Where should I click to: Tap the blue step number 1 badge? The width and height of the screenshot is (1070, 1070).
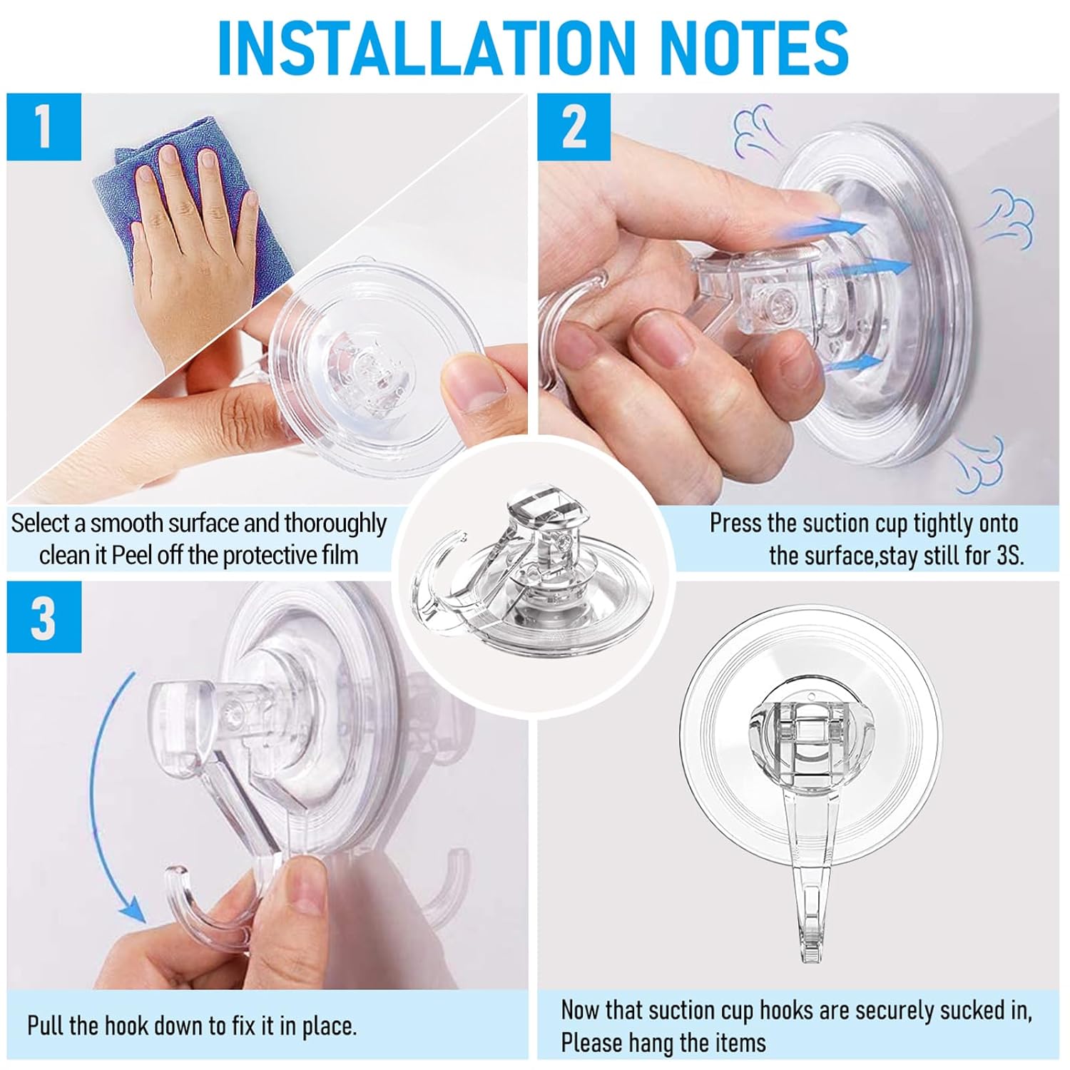44,127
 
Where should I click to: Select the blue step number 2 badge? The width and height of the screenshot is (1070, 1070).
574,127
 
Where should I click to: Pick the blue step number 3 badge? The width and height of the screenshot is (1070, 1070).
44,618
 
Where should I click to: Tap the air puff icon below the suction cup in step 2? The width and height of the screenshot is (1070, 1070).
977,460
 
